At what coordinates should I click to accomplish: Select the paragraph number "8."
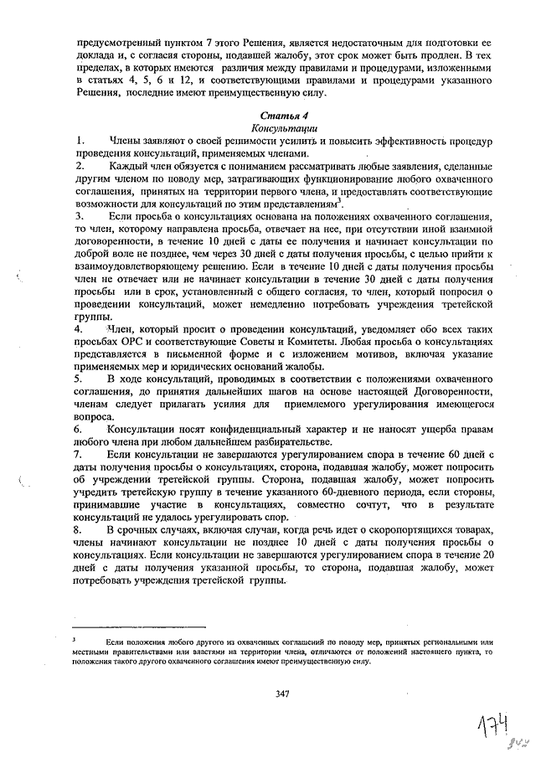point(80,531)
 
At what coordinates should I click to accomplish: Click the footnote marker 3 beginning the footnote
point(75,640)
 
